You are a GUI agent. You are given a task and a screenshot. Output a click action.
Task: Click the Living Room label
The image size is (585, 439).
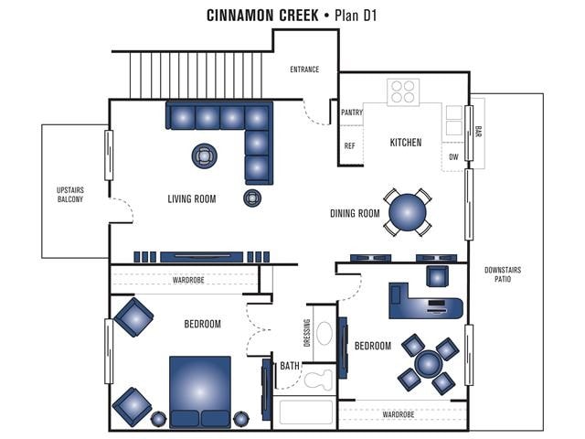tap(192, 198)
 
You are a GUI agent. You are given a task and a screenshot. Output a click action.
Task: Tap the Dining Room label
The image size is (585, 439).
tap(355, 214)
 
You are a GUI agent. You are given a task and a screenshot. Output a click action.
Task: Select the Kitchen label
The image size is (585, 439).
tap(406, 143)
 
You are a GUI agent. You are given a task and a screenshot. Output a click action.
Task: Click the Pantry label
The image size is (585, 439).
tap(352, 112)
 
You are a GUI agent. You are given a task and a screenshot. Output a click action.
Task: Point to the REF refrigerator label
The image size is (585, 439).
tap(349, 146)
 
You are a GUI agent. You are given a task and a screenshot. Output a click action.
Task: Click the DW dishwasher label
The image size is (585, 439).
tap(453, 157)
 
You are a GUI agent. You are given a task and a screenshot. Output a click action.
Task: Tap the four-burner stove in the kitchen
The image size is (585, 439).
tap(402, 91)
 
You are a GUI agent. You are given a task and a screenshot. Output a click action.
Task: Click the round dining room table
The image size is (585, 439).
tap(408, 213)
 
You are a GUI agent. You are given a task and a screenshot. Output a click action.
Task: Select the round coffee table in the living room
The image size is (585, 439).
tap(205, 155)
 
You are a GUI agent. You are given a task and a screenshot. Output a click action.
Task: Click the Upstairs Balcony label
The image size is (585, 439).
tap(70, 194)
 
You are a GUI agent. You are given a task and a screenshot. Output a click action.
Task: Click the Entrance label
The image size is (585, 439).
tap(304, 70)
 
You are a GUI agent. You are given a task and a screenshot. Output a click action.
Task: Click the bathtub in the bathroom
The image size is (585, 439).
tap(306, 412)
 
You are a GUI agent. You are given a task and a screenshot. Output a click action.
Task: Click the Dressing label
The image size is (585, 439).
tap(307, 333)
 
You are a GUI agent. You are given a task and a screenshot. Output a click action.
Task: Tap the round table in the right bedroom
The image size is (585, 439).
tap(428, 364)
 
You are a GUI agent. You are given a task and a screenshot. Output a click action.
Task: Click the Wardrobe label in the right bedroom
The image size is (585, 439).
tap(399, 414)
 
